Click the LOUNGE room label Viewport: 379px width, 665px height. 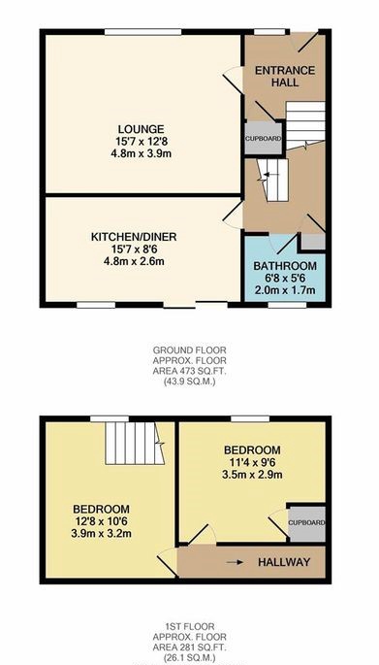pos(141,129)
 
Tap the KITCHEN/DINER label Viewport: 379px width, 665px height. pos(134,237)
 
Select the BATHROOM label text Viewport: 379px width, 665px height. pos(285,266)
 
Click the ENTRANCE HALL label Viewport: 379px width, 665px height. pos(285,76)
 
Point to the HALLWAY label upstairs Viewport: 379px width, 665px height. pos(284,562)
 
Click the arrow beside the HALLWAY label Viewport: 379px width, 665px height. pos(235,562)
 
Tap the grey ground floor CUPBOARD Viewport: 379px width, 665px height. pos(263,139)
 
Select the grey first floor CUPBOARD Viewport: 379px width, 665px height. pos(307,523)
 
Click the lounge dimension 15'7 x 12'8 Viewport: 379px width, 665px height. pos(141,141)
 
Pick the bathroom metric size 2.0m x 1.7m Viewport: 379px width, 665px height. pos(285,291)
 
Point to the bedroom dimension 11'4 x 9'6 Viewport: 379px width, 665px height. pos(252,462)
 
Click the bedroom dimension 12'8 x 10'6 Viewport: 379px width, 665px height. pos(102,521)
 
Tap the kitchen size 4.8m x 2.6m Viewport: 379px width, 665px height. pos(134,261)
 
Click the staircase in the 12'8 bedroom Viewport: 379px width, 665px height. pos(134,443)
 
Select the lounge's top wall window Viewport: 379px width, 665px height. pos(143,32)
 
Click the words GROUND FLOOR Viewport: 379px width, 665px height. pos(189,350)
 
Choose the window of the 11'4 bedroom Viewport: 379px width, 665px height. pos(250,419)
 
